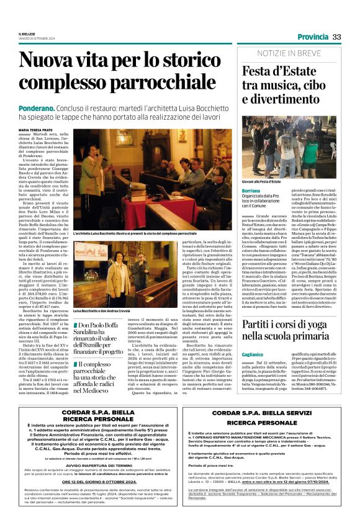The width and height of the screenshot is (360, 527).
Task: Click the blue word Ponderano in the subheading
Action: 38,107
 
